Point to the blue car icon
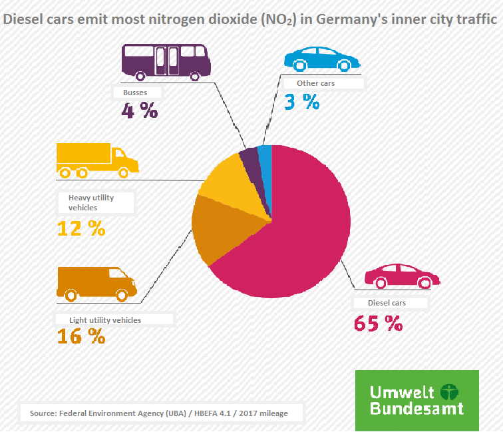318,59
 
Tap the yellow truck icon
97,160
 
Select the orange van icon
96,282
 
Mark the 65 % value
378,324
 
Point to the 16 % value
81,337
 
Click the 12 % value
81,228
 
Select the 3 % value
301,102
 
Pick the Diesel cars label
387,303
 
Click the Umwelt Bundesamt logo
417,400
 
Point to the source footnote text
159,413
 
